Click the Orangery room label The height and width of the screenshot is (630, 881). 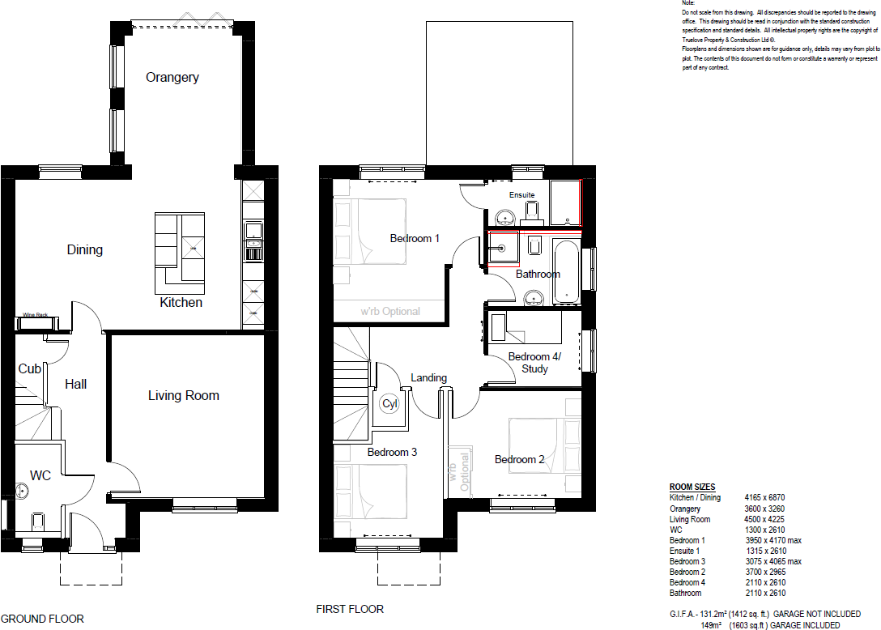coord(172,78)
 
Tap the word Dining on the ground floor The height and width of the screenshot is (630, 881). coord(85,249)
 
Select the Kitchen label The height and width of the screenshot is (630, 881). coord(181,302)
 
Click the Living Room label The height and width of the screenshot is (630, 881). coord(184,395)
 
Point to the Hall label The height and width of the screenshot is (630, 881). coord(76,384)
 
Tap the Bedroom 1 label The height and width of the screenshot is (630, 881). coord(415,238)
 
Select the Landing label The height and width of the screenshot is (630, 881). coord(428,377)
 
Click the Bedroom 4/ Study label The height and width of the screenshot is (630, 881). coord(534,363)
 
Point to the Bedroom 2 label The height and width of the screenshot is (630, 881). coord(520,459)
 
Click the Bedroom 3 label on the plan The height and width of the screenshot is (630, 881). coord(392,452)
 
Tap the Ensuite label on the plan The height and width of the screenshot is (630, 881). coord(521,195)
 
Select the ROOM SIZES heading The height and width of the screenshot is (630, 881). coord(692,487)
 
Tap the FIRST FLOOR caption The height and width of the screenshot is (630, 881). coord(350,609)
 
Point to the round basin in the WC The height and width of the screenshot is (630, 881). coord(22,489)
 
